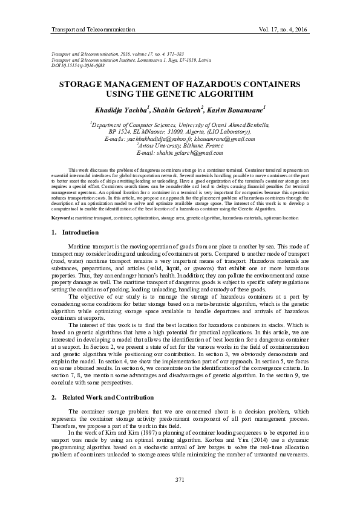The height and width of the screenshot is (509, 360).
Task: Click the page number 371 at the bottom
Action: [179, 479]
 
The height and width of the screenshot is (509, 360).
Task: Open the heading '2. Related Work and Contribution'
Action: [102, 397]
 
